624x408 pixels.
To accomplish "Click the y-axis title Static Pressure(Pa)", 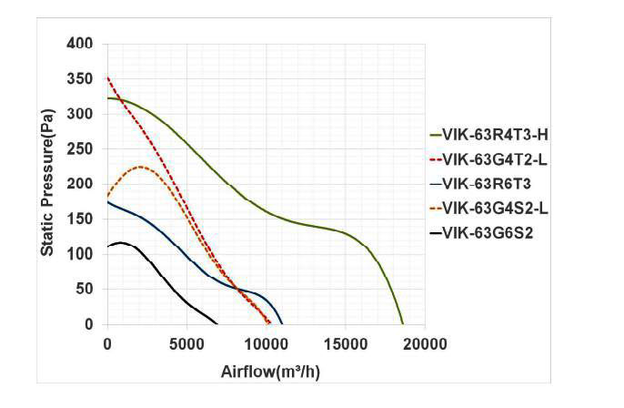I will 47,182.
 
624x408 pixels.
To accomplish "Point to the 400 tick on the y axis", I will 80,44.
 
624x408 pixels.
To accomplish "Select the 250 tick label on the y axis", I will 80,149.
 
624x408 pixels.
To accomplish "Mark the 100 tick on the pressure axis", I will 80,254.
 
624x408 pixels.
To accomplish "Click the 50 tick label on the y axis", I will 84,290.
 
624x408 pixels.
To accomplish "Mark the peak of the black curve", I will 121,242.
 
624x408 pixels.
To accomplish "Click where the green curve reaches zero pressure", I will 402,323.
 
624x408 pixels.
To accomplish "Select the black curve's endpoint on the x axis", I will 217,323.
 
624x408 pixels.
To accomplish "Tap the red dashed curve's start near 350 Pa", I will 108,78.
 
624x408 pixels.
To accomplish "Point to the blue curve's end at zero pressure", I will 282,323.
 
